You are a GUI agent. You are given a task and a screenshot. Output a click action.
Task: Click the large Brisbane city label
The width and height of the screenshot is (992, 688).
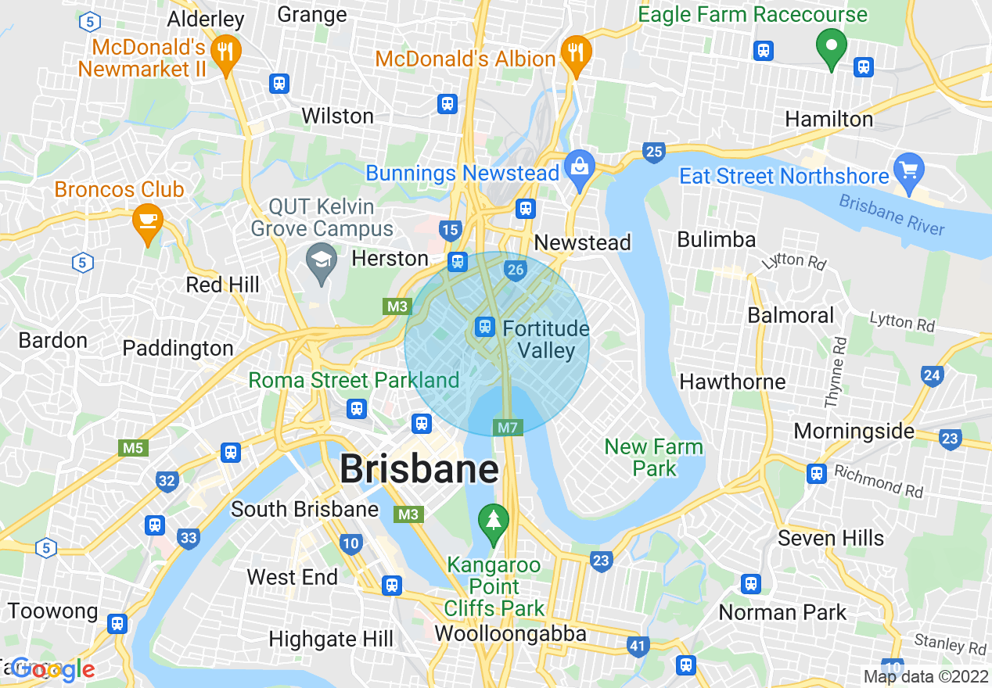click(x=419, y=470)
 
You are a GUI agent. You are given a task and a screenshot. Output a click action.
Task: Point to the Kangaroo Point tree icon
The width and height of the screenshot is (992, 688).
click(x=494, y=521)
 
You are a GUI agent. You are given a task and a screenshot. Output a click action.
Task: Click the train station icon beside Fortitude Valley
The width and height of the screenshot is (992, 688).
click(x=485, y=327)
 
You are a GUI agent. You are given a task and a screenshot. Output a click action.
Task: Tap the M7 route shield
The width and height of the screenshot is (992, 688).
click(x=507, y=428)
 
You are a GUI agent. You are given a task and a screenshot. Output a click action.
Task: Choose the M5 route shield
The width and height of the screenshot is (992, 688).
click(x=132, y=448)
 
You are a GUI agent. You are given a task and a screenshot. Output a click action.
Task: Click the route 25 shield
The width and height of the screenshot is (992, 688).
click(x=654, y=152)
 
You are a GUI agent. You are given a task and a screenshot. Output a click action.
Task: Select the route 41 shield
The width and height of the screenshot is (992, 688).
click(x=638, y=646)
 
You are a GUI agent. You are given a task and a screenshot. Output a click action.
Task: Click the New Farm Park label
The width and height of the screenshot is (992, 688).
click(x=654, y=457)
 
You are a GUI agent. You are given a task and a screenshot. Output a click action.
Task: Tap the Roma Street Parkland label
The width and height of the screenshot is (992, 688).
click(x=354, y=381)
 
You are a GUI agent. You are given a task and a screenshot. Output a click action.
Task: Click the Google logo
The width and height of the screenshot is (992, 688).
click(x=52, y=669)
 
